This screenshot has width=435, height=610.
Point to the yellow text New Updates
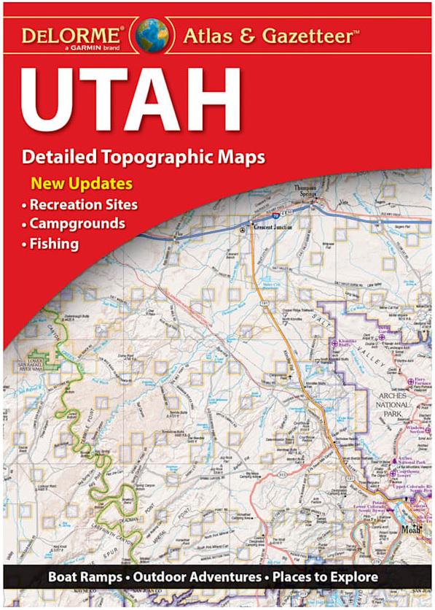[81, 182]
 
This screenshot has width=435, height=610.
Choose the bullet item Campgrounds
[77, 223]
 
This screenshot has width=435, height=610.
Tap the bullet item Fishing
[54, 244]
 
